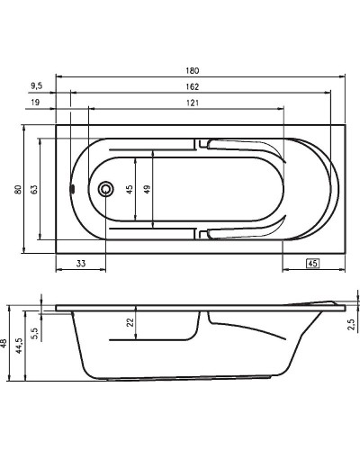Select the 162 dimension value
(x=191, y=85)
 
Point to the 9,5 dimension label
(x=37, y=85)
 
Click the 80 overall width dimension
(x=17, y=189)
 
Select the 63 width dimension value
(x=33, y=189)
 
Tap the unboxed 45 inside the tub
(x=130, y=189)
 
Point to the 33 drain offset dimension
(x=80, y=263)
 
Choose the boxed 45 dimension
(x=312, y=263)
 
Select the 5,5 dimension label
(x=33, y=333)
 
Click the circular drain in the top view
(x=106, y=189)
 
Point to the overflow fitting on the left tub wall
(x=71, y=189)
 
